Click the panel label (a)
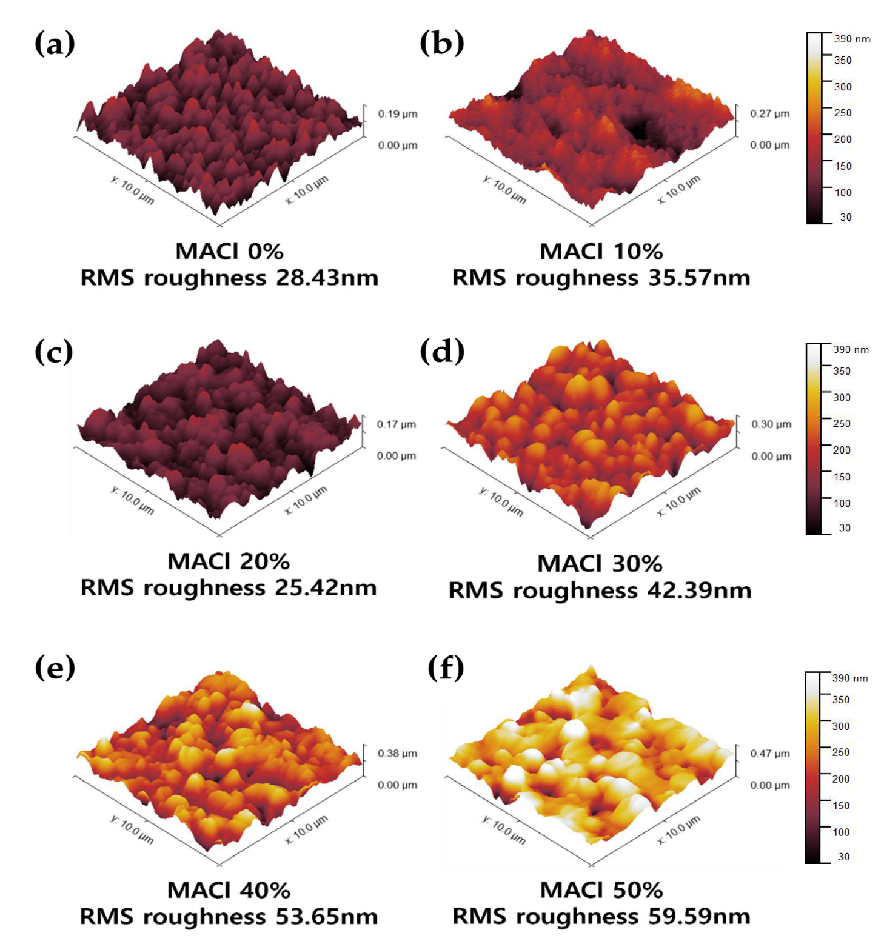55,44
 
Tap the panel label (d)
442,352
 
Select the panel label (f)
446,668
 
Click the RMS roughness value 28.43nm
327,278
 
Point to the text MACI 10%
601,251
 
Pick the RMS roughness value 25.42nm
326,587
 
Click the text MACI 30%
600,564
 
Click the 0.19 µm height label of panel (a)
397,114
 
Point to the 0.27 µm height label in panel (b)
769,113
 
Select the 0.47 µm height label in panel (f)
769,754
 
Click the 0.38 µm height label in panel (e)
397,754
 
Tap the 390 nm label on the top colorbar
852,39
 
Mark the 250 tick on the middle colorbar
841,423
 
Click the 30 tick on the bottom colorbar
843,857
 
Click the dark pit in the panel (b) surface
638,129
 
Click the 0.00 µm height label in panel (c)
396,456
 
